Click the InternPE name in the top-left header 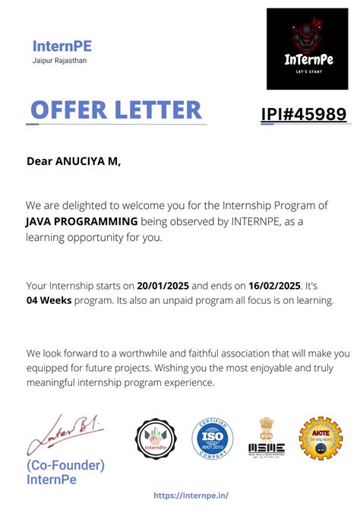tap(62, 46)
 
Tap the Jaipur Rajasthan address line tap(59, 60)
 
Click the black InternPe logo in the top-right tap(306, 49)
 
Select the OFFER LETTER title tap(116, 110)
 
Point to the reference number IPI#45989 tap(304, 114)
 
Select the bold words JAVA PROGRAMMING tap(81, 220)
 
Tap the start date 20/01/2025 tap(163, 286)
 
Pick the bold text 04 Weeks tap(48, 301)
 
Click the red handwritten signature tap(65, 435)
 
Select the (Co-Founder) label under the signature tap(65, 465)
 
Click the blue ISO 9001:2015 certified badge tap(212, 442)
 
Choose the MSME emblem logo tap(266, 438)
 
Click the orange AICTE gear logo tap(321, 439)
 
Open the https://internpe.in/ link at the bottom tap(191, 495)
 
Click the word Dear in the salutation tap(40, 161)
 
